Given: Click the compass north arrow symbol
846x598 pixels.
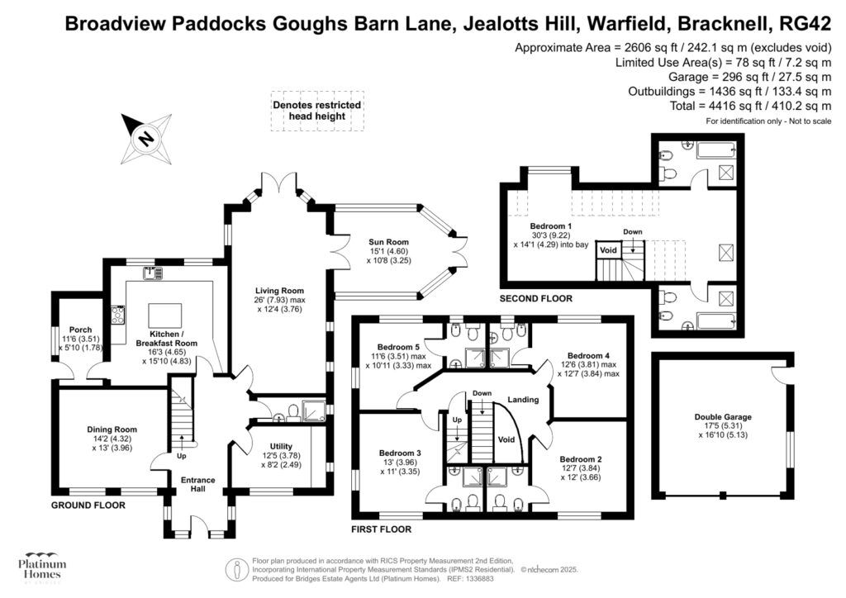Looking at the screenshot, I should (x=146, y=138).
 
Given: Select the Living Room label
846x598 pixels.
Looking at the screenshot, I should (x=279, y=291).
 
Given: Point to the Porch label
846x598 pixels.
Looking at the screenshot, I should (x=80, y=330).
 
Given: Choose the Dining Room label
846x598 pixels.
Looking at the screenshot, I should (x=112, y=430).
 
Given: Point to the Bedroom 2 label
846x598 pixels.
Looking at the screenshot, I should (x=580, y=459).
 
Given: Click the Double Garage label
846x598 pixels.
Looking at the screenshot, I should (x=723, y=418).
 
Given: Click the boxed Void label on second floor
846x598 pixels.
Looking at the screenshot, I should (x=608, y=249).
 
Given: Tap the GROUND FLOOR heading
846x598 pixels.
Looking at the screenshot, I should (x=88, y=505).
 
